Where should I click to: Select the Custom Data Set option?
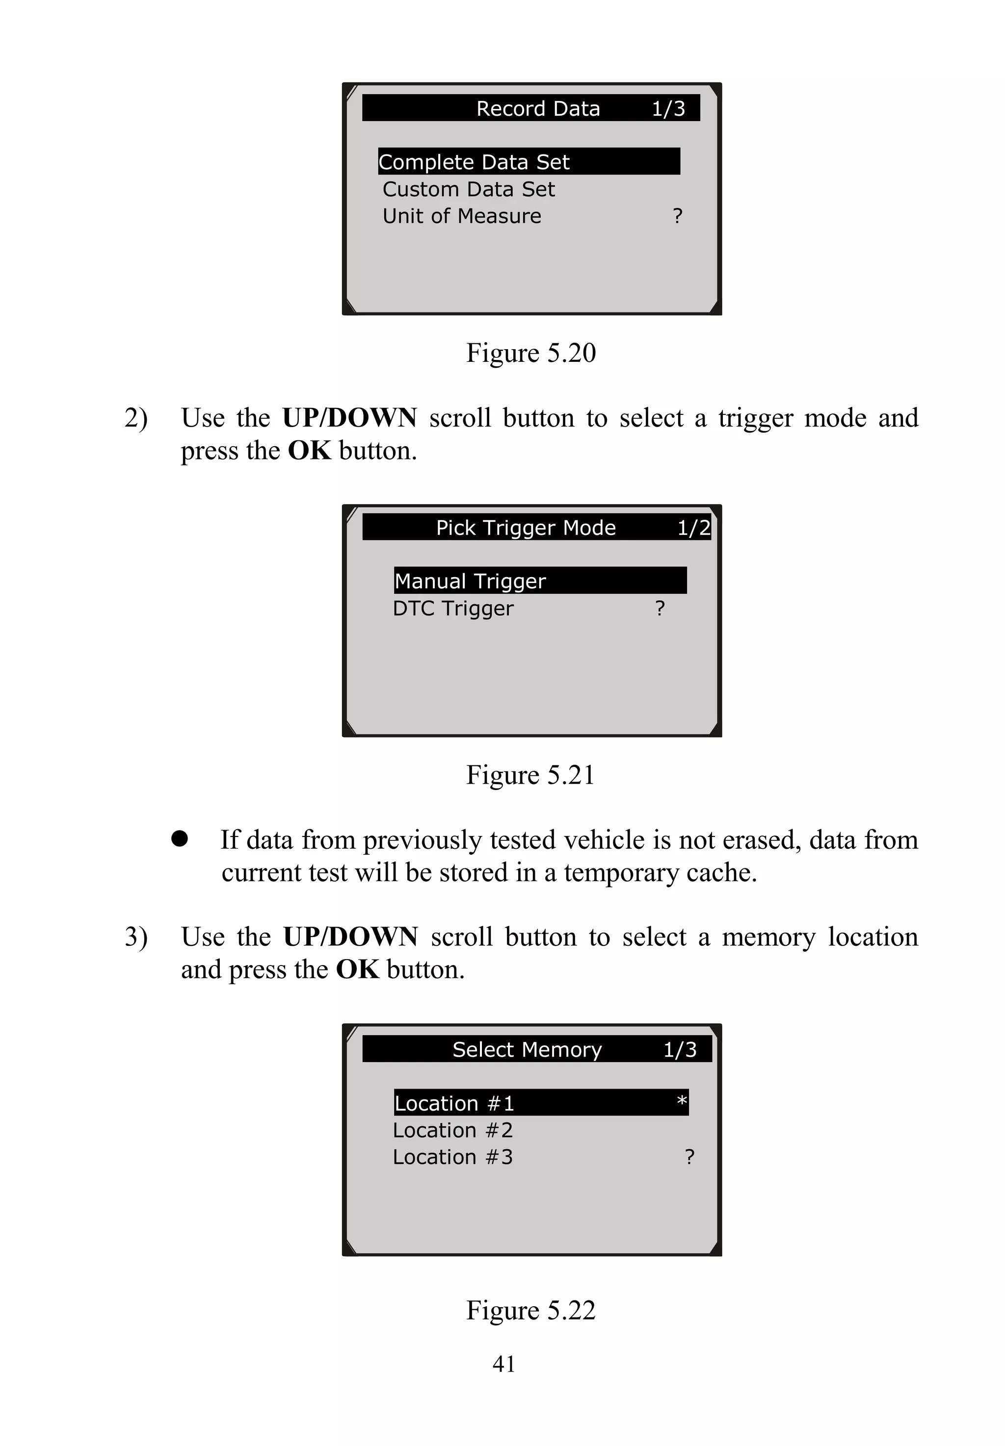coord(469,189)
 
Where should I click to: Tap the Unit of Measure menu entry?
coord(462,216)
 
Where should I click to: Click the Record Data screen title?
coord(538,108)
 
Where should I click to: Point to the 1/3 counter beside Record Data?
coord(668,108)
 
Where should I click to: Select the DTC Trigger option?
coord(453,609)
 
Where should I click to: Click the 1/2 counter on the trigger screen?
coord(693,527)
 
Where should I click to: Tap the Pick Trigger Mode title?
coord(526,527)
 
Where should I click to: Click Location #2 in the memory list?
coord(453,1130)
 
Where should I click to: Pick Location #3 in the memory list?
coord(453,1157)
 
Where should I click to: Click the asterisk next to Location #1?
coord(681,1101)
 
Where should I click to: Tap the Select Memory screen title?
coord(527,1050)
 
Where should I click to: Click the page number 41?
coord(504,1364)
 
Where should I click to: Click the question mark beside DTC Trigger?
coord(660,608)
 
